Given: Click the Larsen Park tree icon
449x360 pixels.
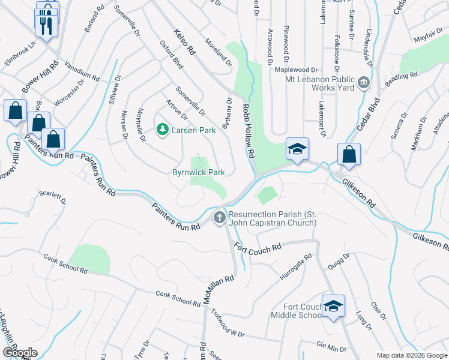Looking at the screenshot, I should pos(161,129).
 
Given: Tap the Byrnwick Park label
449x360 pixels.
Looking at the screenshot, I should pos(199,172).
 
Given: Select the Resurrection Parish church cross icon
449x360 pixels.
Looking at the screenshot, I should pos(220,217).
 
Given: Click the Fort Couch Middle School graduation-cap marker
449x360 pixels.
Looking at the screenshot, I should pos(333,306).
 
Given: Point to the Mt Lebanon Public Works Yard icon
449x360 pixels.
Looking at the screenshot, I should pos(363,82).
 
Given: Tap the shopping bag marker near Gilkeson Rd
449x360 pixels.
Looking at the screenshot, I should pos(349,154).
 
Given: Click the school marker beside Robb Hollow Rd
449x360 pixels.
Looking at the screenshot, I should pos(297,149).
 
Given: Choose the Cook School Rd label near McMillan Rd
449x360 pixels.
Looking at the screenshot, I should pos(178,299).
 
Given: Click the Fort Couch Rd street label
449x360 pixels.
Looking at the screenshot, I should pos(258,247).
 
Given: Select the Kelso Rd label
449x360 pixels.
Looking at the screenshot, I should pos(185,42).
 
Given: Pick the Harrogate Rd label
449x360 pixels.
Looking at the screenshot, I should pos(296,268).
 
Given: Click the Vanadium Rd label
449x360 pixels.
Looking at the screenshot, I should pos(81,73).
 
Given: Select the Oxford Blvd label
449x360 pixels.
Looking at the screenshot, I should pos(170,55).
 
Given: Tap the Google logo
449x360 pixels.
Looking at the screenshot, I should pos(20,353).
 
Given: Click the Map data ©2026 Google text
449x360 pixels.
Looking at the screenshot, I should pos(412,355).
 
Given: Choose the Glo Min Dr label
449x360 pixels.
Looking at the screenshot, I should pos(332,347).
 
